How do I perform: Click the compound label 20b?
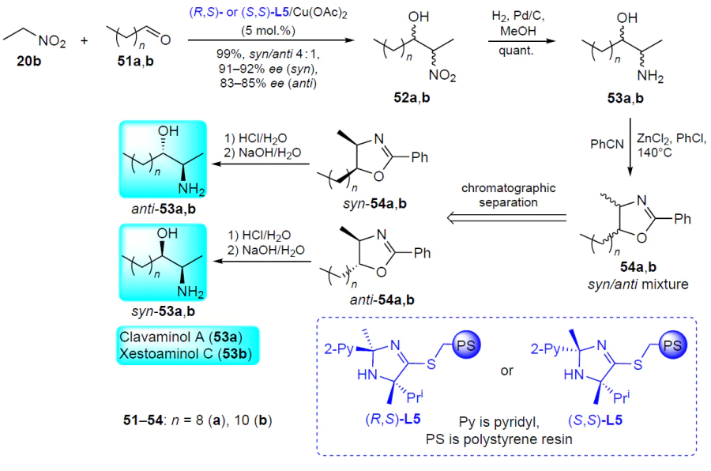pyautogui.click(x=28, y=61)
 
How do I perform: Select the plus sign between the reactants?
pyautogui.click(x=85, y=41)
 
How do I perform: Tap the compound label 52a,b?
pyautogui.click(x=412, y=97)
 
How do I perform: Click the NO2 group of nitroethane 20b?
pyautogui.click(x=52, y=42)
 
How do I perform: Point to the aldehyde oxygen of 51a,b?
pyautogui.click(x=166, y=40)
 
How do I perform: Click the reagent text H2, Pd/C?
pyautogui.click(x=517, y=17)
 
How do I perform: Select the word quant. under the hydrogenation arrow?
pyautogui.click(x=516, y=51)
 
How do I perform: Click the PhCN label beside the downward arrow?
pyautogui.click(x=607, y=145)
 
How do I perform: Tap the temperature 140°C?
pyautogui.click(x=654, y=153)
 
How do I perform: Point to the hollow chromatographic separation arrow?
pyautogui.click(x=506, y=218)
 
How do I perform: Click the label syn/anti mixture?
pyautogui.click(x=638, y=284)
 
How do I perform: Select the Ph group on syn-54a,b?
pyautogui.click(x=419, y=157)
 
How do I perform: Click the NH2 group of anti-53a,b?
pyautogui.click(x=191, y=189)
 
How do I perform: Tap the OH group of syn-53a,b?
pyautogui.click(x=167, y=233)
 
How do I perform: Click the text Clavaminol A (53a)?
pyautogui.click(x=180, y=337)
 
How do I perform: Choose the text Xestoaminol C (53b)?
pyautogui.click(x=186, y=353)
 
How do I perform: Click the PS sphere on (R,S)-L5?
pyautogui.click(x=465, y=346)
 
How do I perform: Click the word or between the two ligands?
pyautogui.click(x=506, y=371)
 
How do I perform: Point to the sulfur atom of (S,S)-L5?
pyautogui.click(x=638, y=364)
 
